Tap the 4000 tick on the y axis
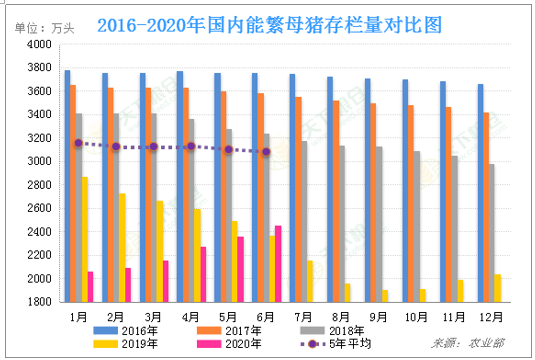coord(37,45)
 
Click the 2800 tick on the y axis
coord(37,185)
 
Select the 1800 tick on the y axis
coord(37,301)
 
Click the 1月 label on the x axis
coord(77,316)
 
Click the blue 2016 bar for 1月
coord(67,186)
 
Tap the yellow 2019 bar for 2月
coord(122,247)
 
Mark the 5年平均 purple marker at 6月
coord(266,152)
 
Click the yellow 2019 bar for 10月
coord(423,295)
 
